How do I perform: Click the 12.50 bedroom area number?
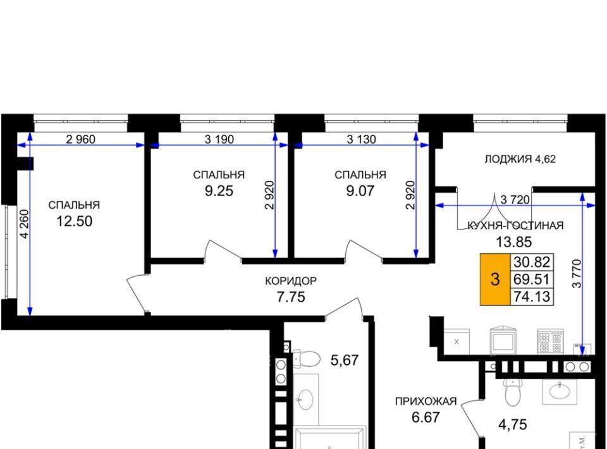pos(75,221)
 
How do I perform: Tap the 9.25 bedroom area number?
pos(219,191)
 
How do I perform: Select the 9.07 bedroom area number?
pos(360,191)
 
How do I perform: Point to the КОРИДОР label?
pos(291,281)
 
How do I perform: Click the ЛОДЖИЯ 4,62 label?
pos(520,159)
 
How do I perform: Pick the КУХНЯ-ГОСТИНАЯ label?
pos(515,225)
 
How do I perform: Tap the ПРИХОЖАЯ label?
pos(426,402)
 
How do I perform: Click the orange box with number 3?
pos(495,279)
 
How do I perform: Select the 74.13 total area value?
pos(532,297)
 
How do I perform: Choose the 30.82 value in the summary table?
pos(532,262)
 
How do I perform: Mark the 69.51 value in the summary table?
pos(532,279)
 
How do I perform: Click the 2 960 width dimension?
pos(80,139)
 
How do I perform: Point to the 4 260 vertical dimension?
pos(24,224)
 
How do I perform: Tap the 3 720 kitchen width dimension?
pos(515,200)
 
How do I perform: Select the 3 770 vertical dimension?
pos(577,273)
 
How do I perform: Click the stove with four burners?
pos(550,341)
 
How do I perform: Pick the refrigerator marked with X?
pos(457,341)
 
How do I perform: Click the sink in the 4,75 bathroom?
pos(560,391)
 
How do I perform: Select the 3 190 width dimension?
pos(219,139)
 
